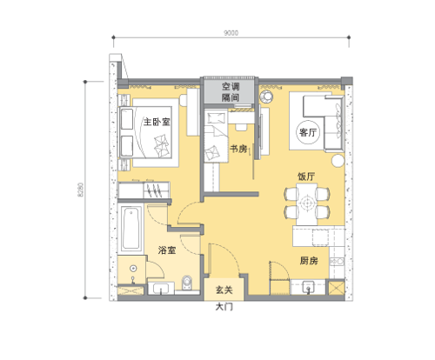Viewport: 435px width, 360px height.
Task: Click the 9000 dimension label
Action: [x=231, y=33]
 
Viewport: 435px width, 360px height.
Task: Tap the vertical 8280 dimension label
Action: [x=80, y=190]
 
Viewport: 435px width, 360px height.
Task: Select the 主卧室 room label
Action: [x=157, y=122]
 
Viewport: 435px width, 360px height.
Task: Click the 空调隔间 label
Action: [x=231, y=92]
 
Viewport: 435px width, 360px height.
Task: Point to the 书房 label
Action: [x=238, y=149]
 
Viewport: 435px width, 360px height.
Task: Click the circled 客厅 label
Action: [x=308, y=132]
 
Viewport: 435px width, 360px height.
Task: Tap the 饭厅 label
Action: [x=306, y=177]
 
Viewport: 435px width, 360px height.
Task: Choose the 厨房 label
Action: [x=309, y=261]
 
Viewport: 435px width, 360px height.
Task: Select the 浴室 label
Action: [x=167, y=250]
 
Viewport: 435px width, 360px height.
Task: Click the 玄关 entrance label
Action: [x=224, y=290]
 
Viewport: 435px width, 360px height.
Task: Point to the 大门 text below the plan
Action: [x=224, y=307]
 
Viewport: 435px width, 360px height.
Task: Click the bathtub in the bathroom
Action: [x=130, y=228]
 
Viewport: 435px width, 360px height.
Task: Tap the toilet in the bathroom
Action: [x=187, y=283]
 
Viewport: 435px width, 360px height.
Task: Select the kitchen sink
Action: [x=308, y=288]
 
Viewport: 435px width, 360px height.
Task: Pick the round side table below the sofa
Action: [x=338, y=161]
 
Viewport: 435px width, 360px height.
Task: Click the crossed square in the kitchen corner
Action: [x=336, y=288]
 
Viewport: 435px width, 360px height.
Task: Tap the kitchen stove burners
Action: [x=337, y=262]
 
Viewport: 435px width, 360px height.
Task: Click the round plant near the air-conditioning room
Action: [x=266, y=97]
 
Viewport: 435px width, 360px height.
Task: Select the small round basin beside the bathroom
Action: [x=133, y=269]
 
